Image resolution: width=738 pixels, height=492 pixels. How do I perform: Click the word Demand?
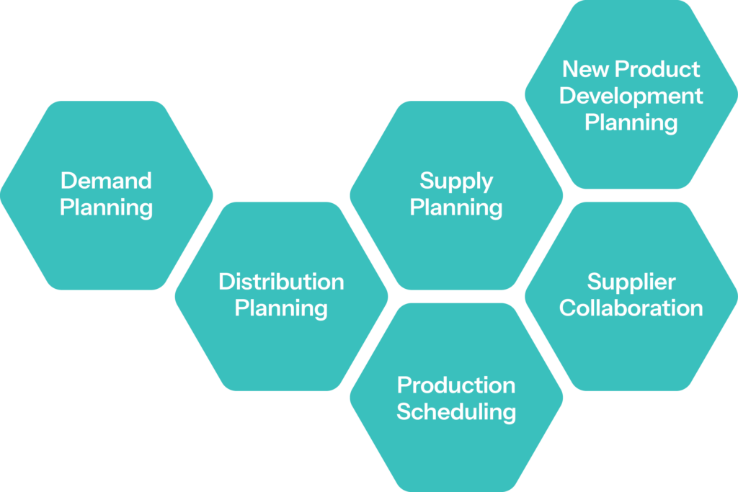coord(106,180)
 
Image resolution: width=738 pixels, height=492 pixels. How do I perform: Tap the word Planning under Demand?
coord(106,208)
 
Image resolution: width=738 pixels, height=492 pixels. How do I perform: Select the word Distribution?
coord(281,281)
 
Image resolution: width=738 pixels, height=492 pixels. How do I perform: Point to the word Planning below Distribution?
coord(281,309)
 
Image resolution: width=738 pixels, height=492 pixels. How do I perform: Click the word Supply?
coord(456,181)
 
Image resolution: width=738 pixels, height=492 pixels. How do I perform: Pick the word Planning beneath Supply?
coord(456,208)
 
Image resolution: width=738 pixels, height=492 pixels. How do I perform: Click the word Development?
coord(631,96)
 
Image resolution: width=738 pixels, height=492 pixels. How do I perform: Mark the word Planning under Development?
coord(631,123)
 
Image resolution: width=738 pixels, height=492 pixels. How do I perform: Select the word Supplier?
coord(631,281)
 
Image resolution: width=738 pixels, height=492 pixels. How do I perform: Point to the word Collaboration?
coord(631,308)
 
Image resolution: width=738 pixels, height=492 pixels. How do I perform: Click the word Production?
coord(456,385)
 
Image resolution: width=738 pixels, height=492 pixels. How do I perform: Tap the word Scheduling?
coord(456,412)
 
